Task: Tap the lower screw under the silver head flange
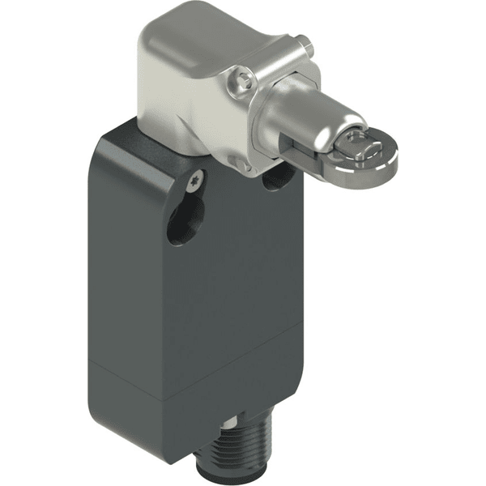[238, 164]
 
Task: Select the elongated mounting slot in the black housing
[185, 220]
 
